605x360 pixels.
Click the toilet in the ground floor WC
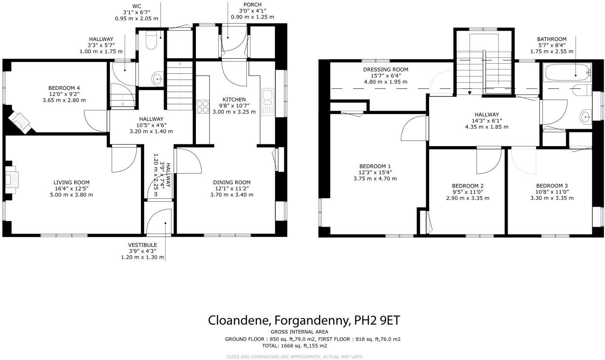[151, 40]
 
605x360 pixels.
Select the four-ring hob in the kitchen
[203, 106]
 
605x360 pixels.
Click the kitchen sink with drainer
[268, 102]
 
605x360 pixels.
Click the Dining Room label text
[232, 183]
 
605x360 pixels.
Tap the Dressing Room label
[385, 70]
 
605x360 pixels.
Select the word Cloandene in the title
[239, 320]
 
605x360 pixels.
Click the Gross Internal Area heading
[299, 332]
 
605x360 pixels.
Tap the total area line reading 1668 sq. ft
[294, 346]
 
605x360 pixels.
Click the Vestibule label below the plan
[142, 245]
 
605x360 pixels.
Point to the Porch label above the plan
[252, 5]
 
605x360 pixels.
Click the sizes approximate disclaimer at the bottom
[294, 357]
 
